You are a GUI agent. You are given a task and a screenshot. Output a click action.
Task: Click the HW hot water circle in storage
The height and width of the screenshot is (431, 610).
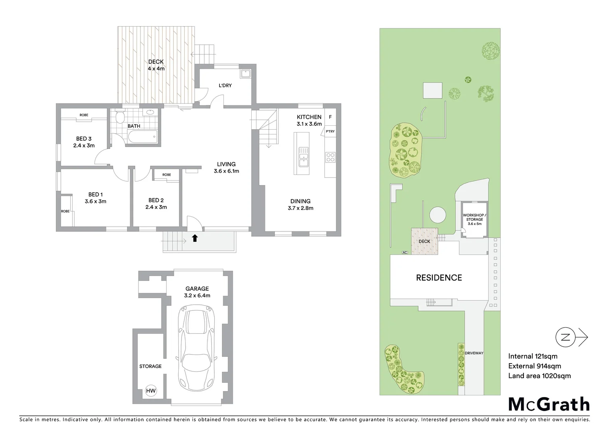pyautogui.click(x=151, y=391)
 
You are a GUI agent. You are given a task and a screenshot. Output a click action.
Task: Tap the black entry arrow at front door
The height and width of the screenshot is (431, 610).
pyautogui.click(x=195, y=238)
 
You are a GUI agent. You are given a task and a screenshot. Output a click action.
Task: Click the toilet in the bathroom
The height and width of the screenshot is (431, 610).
pyautogui.click(x=120, y=117)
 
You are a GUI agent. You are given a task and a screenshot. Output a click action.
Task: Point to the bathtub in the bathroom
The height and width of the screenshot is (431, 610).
pyautogui.click(x=142, y=137)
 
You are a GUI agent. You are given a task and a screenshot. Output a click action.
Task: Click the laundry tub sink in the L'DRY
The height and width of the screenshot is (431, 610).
pyautogui.click(x=245, y=74)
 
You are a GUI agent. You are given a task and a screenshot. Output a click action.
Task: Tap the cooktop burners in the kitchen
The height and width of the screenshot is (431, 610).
pyautogui.click(x=330, y=157)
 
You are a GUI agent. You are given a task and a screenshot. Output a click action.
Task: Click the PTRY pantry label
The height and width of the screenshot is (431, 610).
pyautogui.click(x=330, y=131)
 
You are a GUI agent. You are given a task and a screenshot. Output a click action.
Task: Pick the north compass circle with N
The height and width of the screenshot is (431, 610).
pyautogui.click(x=565, y=337)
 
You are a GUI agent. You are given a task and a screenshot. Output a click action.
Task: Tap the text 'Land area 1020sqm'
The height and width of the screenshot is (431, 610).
pyautogui.click(x=539, y=376)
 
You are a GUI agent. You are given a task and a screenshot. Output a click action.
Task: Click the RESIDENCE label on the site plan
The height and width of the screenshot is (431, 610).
pyautogui.click(x=439, y=278)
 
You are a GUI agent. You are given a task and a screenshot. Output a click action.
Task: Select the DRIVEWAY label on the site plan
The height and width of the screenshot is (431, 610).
pyautogui.click(x=474, y=353)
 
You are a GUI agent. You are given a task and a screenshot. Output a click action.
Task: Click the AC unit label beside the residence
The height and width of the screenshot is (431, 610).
pyautogui.click(x=405, y=253)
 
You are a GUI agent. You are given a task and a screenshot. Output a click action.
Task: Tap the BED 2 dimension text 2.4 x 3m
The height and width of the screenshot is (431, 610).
pyautogui.click(x=156, y=207)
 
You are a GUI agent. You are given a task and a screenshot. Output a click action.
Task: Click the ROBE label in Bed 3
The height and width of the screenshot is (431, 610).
pyautogui.click(x=84, y=115)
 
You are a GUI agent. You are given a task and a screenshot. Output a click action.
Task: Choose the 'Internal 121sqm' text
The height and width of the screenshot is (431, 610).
pyautogui.click(x=533, y=356)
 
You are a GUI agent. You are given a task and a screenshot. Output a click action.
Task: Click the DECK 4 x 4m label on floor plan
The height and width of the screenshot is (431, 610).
pyautogui.click(x=156, y=65)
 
